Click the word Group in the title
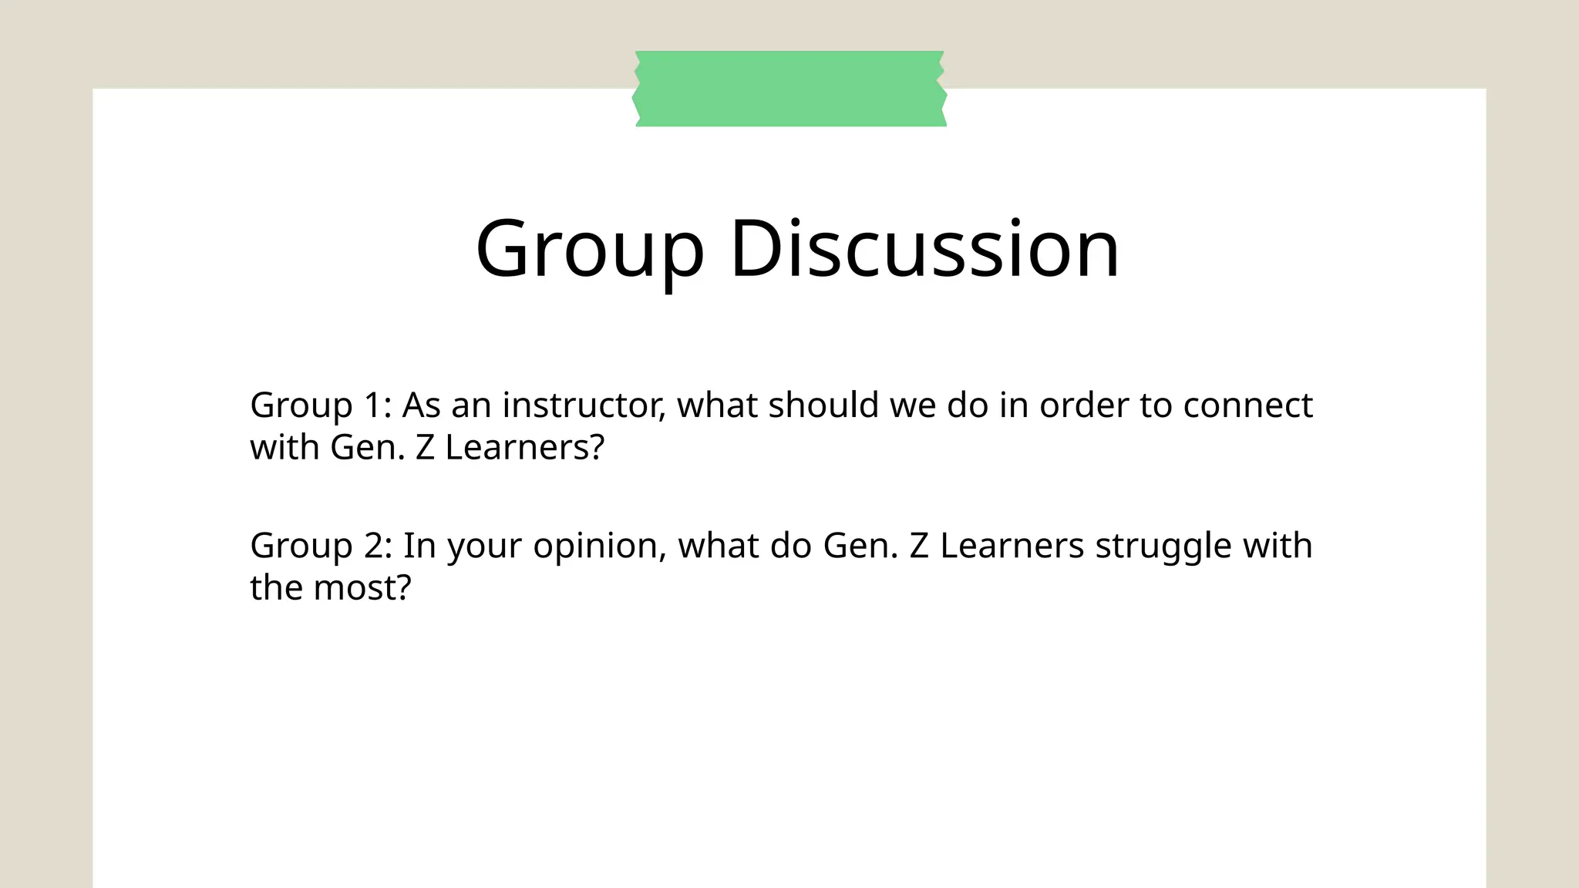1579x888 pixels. [x=590, y=250]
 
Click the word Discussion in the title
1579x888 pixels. [x=924, y=248]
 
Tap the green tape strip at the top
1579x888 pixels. [x=789, y=89]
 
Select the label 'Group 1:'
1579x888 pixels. [x=321, y=406]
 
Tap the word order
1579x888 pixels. [x=1083, y=405]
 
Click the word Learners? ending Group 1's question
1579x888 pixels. [x=524, y=447]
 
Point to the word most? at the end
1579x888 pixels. [x=362, y=587]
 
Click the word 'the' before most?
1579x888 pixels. [x=276, y=587]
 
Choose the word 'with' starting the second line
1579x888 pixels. [x=284, y=447]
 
